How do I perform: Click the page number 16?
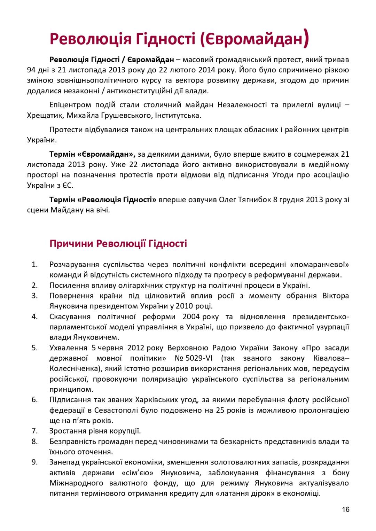(345, 509)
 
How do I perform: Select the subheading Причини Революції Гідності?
(118, 243)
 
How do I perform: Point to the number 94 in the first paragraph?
(32, 70)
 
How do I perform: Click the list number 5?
(34, 348)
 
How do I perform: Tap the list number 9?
(34, 462)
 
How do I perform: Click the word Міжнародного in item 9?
(76, 483)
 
